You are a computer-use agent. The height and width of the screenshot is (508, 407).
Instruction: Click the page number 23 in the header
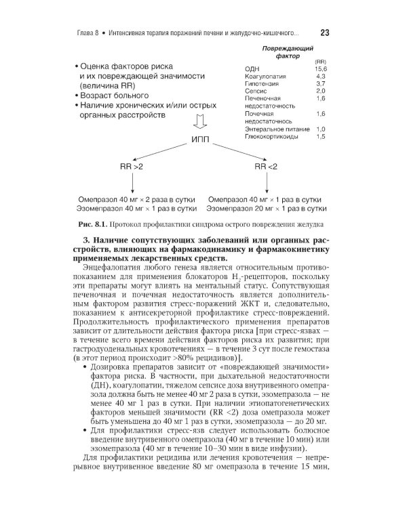click(324, 33)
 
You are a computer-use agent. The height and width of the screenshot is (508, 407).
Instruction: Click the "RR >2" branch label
click(132, 167)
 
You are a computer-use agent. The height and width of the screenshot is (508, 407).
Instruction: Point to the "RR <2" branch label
click(265, 167)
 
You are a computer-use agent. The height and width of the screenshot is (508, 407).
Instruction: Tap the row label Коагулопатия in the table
click(265, 77)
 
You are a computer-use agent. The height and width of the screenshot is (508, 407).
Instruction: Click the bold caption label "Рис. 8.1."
click(94, 224)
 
